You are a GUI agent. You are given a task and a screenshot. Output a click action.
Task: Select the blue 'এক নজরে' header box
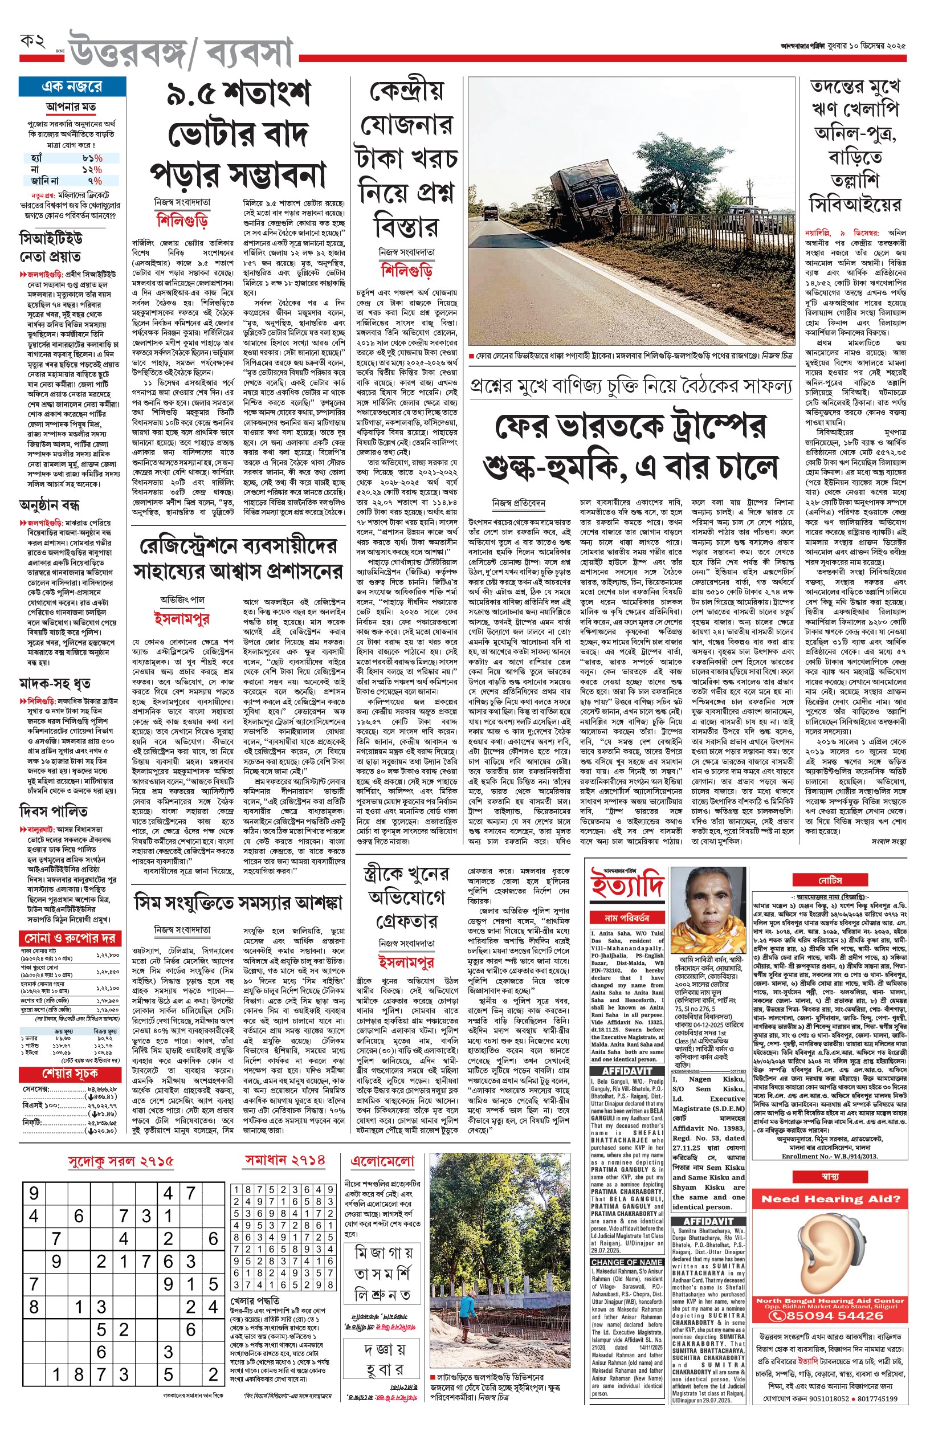72,87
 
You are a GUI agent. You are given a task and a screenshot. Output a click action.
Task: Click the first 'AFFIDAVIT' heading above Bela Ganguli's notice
627,1071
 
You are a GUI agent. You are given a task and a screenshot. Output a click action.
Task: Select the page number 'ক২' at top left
33,42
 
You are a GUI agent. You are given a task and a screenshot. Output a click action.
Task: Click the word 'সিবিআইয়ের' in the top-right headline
854,205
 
